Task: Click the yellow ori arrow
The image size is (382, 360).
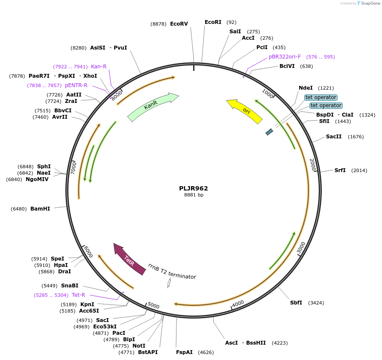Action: (x=244, y=111)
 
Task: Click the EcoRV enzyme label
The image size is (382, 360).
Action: (x=179, y=24)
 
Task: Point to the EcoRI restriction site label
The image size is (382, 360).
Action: (x=213, y=22)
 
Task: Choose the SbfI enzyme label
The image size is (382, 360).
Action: (x=296, y=303)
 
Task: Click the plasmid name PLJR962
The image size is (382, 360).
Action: (x=194, y=188)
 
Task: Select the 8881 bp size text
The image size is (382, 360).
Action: (x=194, y=195)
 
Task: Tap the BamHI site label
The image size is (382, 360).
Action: (x=40, y=209)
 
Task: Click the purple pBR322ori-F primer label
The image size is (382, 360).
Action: (x=285, y=57)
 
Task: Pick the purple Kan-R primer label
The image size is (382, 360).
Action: (x=99, y=67)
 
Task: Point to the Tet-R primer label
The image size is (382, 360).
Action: (x=79, y=295)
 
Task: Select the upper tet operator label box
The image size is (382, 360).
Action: (x=321, y=97)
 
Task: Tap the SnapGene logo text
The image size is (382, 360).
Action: (x=370, y=3)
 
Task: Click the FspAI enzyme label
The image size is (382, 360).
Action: (x=184, y=352)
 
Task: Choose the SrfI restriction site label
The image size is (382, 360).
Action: (x=340, y=170)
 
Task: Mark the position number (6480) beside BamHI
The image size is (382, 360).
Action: (x=19, y=209)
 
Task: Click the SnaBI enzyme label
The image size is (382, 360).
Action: (x=70, y=286)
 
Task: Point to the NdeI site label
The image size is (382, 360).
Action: (x=306, y=88)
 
